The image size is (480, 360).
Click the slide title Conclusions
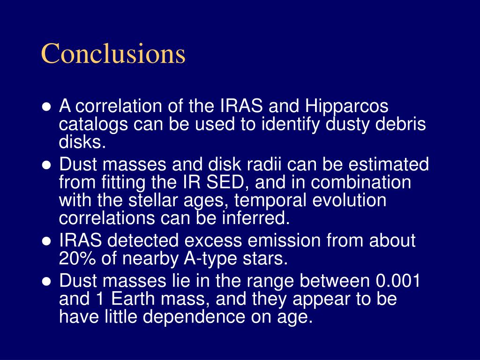(x=113, y=53)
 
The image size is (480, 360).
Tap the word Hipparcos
(x=346, y=106)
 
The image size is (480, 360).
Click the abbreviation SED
(x=229, y=182)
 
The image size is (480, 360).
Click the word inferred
(x=256, y=218)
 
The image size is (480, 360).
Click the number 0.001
(x=397, y=281)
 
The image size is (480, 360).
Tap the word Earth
(x=133, y=299)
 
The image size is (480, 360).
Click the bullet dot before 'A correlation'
(x=46, y=107)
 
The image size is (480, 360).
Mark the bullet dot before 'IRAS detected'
(x=46, y=241)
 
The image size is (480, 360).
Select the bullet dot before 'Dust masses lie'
(x=46, y=282)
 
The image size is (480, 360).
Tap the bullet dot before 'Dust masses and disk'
(x=46, y=165)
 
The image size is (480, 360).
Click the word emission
(x=284, y=240)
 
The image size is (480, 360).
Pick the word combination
(x=361, y=182)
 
